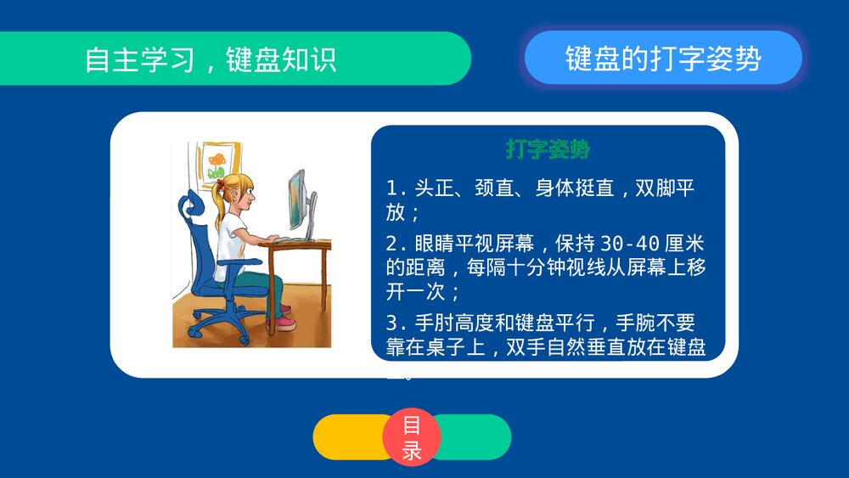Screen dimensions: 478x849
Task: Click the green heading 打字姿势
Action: pyautogui.click(x=548, y=150)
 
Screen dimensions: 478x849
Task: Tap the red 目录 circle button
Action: pyautogui.click(x=412, y=437)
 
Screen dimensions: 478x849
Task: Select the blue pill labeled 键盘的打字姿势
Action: pyautogui.click(x=663, y=58)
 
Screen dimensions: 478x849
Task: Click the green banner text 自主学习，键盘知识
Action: pyautogui.click(x=211, y=59)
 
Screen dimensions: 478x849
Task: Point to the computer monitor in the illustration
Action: pyautogui.click(x=296, y=201)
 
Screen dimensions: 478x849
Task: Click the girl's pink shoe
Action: pyautogui.click(x=285, y=323)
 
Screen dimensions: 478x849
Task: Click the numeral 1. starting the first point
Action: pyautogui.click(x=395, y=188)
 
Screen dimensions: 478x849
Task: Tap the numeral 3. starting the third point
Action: pyautogui.click(x=395, y=323)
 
